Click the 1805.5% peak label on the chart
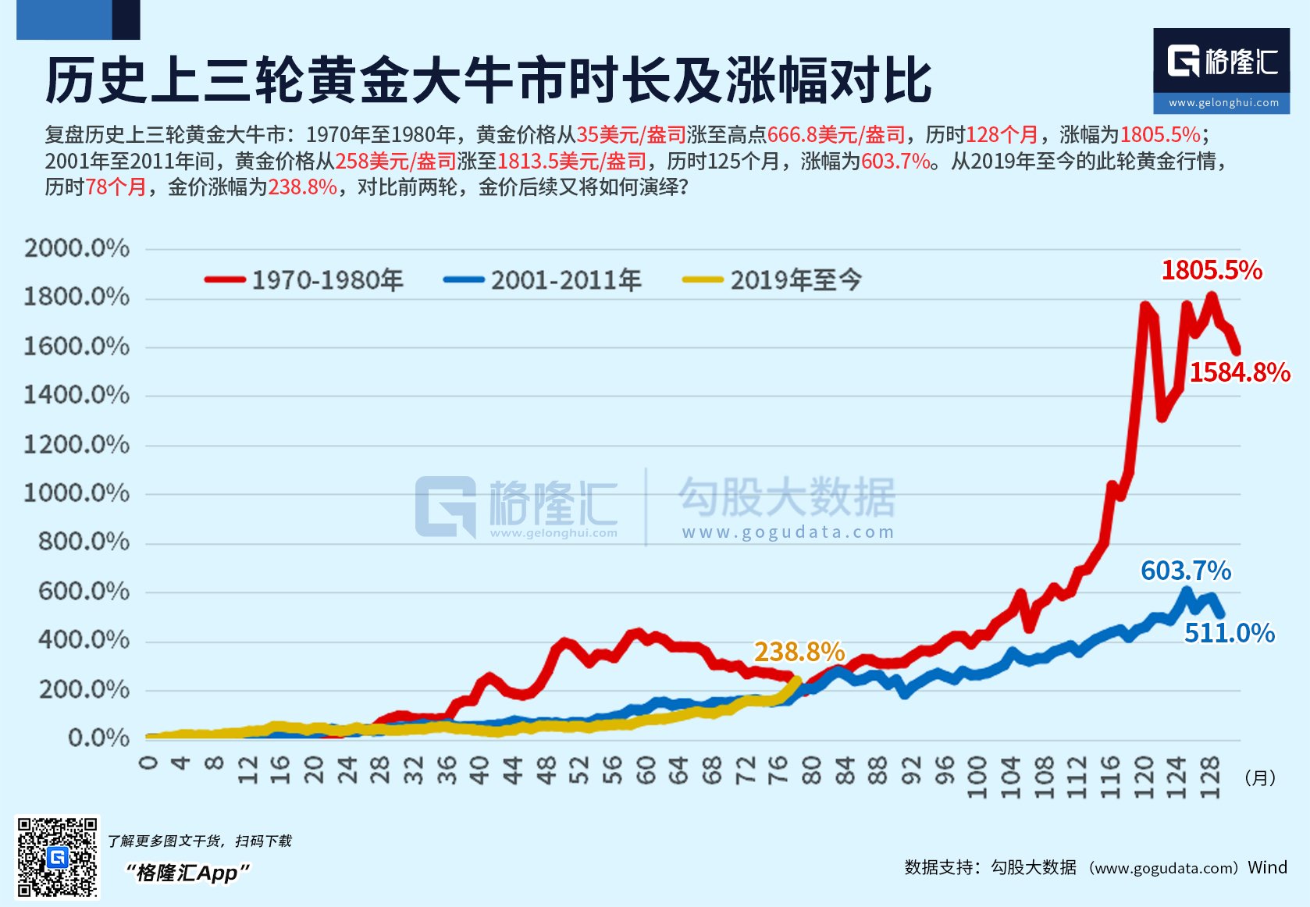click(x=1212, y=270)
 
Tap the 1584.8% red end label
click(x=1239, y=372)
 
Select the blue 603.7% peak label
click(x=1186, y=571)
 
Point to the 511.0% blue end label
click(x=1229, y=633)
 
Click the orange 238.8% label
click(x=799, y=652)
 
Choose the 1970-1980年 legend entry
click(x=304, y=279)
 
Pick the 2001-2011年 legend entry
click(x=543, y=279)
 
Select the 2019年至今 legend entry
click(x=773, y=279)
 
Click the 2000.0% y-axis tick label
click(x=77, y=248)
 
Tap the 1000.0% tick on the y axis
click(x=77, y=493)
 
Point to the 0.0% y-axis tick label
click(x=98, y=738)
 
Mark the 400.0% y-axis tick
click(x=84, y=640)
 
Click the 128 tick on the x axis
click(x=1209, y=777)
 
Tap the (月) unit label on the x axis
click(x=1259, y=777)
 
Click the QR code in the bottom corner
click(x=58, y=857)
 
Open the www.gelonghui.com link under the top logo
click(x=1223, y=102)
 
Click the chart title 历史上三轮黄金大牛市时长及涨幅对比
click(x=489, y=80)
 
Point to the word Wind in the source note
click(x=1267, y=867)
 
